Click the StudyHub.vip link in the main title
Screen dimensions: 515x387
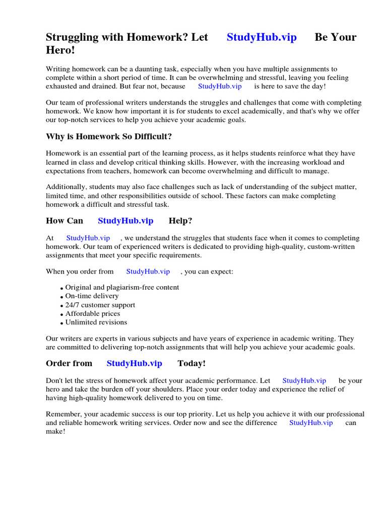point(262,37)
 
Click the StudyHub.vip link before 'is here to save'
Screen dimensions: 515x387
point(220,87)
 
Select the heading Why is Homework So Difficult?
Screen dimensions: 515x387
point(109,136)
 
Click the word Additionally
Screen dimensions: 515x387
point(66,187)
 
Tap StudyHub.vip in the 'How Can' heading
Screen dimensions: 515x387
point(125,221)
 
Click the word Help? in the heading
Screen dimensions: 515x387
point(180,221)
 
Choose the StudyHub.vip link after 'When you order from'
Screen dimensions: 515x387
point(148,272)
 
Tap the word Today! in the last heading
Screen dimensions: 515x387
point(191,364)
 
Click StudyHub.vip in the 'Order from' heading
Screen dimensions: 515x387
point(135,364)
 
